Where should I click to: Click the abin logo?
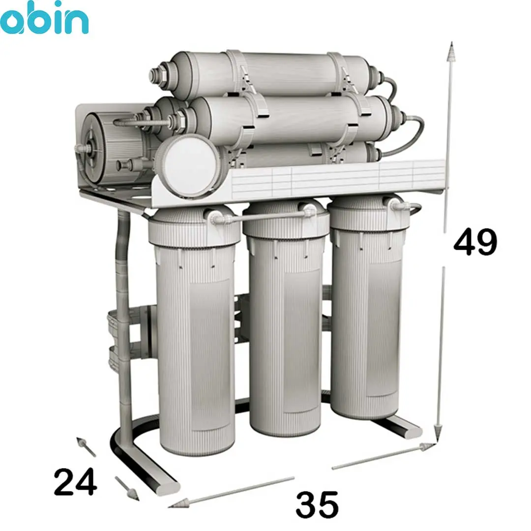click(x=44, y=18)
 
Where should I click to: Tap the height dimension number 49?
click(x=475, y=242)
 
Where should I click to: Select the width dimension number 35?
click(x=317, y=504)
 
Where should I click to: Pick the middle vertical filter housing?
click(x=285, y=318)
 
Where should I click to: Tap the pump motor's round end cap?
click(x=94, y=148)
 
